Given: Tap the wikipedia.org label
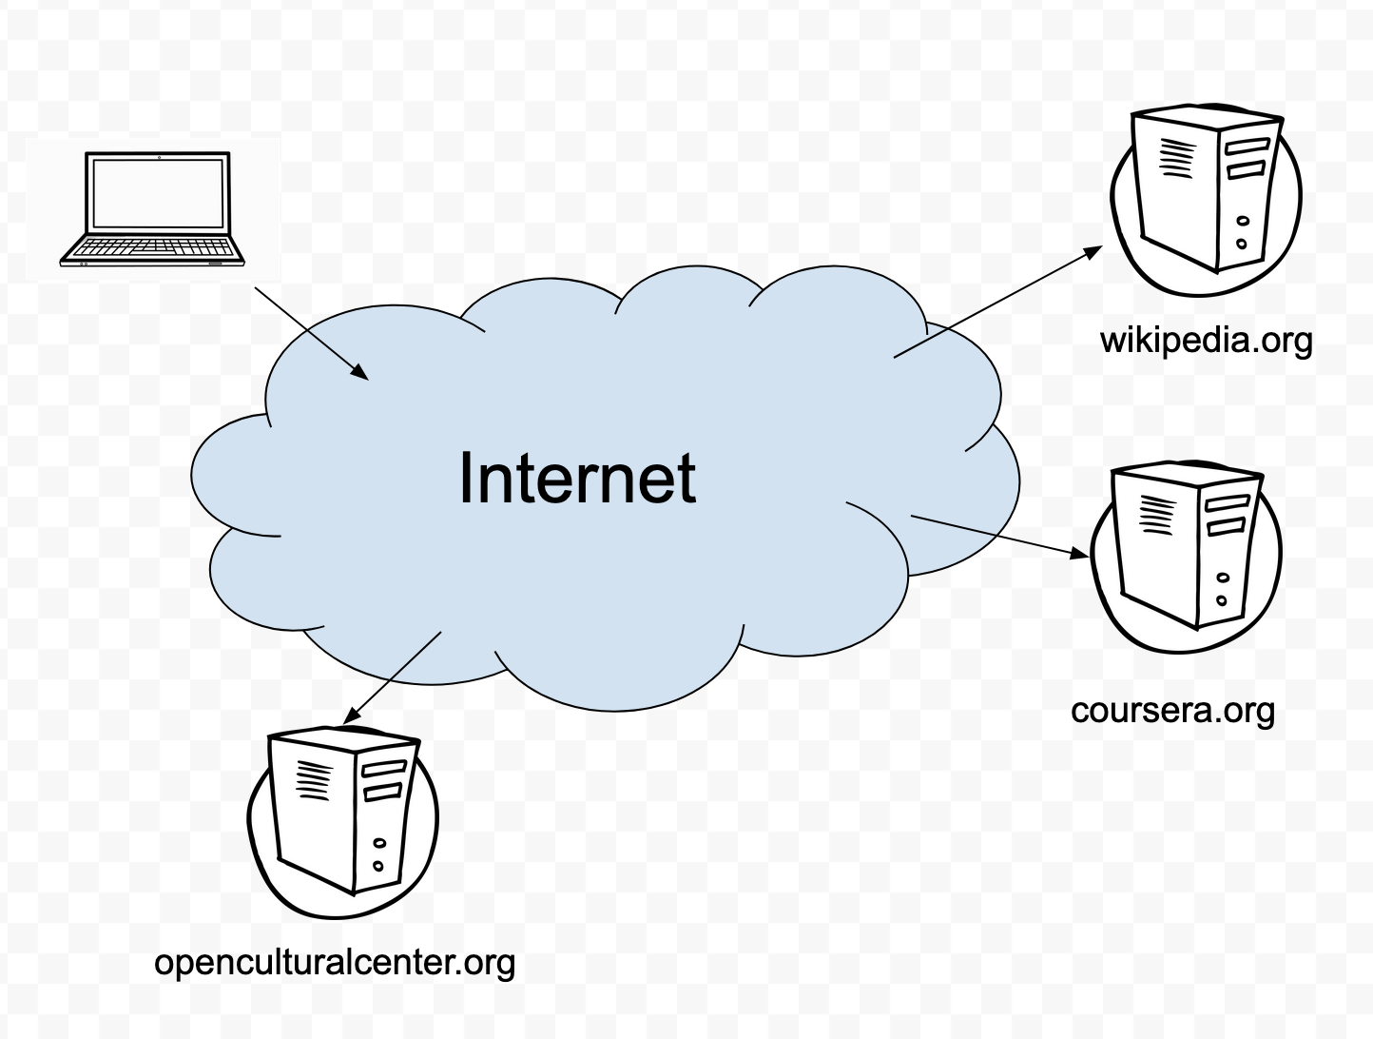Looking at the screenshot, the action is [1206, 341].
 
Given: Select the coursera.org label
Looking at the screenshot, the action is [1172, 711].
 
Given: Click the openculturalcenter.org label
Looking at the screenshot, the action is [335, 962].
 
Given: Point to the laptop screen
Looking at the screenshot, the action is [157, 194].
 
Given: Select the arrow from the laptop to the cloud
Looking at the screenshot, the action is [311, 332].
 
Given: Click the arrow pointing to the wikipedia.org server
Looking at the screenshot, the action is [997, 302].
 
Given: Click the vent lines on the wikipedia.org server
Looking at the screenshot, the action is [1174, 158].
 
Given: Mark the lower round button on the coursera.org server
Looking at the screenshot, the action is [1221, 600].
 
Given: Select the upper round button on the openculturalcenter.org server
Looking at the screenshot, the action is [380, 842].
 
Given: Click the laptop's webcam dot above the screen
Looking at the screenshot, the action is [158, 156].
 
